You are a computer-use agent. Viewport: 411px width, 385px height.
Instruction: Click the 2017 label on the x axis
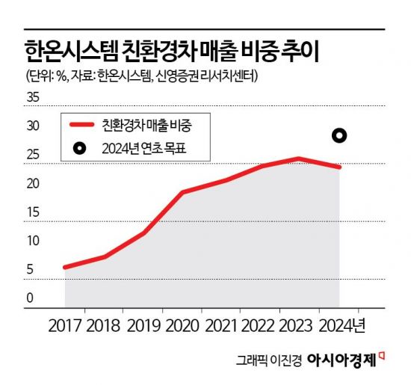pyautogui.click(x=64, y=327)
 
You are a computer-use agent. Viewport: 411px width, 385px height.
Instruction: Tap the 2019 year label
pyautogui.click(x=143, y=327)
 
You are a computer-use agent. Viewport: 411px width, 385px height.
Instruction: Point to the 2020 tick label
pyautogui.click(x=183, y=327)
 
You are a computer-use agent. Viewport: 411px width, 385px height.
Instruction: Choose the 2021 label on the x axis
pyautogui.click(x=223, y=327)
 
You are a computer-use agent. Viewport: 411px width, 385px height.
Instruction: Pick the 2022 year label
pyautogui.click(x=262, y=327)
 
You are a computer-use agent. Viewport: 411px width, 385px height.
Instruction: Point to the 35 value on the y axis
pyautogui.click(x=33, y=98)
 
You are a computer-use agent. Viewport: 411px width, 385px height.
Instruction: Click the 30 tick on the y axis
pyautogui.click(x=33, y=127)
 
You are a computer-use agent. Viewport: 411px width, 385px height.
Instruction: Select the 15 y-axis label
pyautogui.click(x=33, y=213)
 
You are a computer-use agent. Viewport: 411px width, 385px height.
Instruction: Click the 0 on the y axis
pyautogui.click(x=30, y=298)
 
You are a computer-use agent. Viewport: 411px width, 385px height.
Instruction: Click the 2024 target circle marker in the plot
pyautogui.click(x=339, y=135)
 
